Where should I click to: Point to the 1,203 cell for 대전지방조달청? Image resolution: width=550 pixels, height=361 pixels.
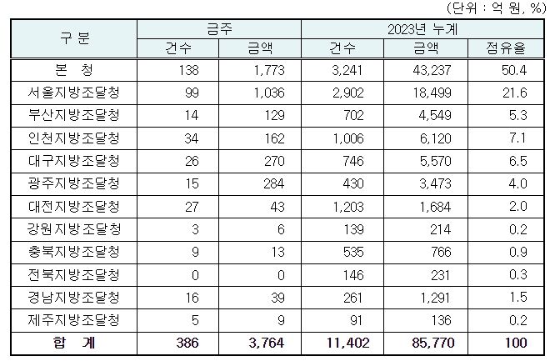pos(347,205)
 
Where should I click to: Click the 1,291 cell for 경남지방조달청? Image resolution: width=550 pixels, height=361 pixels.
pos(432,296)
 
